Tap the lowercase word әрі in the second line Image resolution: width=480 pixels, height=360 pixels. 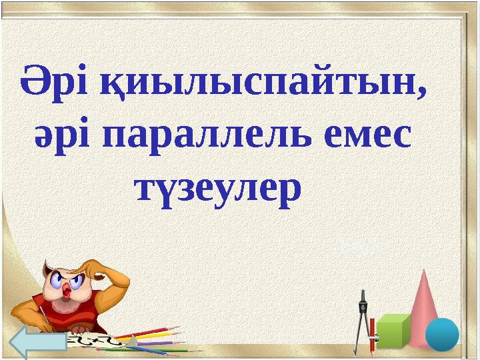tap(65, 138)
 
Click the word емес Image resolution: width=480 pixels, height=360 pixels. tap(363, 138)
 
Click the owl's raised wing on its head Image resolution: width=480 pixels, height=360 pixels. tap(107, 270)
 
